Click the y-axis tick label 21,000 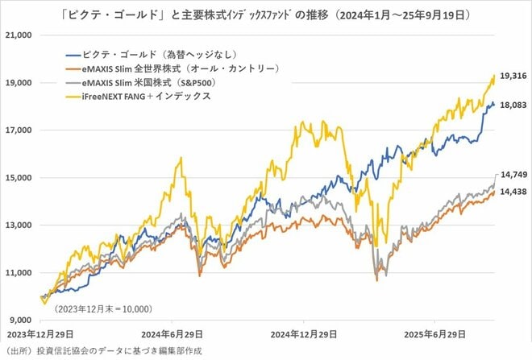coord(17,35)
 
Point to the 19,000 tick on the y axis coord(17,83)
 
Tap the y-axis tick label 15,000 coord(17,177)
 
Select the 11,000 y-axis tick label coord(17,272)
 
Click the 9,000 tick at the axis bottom coord(19,319)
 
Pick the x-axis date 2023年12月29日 coord(40,333)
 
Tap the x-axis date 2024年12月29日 coord(297,333)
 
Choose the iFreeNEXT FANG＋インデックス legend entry coord(141,96)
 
